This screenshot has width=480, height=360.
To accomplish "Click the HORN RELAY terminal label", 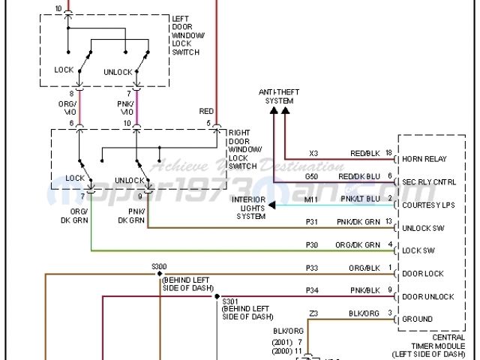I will [x=424, y=159].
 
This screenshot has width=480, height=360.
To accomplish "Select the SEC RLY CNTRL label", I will [x=429, y=182].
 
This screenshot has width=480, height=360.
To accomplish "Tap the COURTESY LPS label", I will [x=428, y=205].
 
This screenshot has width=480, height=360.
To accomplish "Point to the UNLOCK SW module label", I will [x=424, y=228].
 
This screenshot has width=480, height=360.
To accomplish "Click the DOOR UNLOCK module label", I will [x=428, y=297].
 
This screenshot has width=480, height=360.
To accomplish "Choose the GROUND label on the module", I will [x=418, y=319].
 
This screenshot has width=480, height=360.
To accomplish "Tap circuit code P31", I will [x=313, y=222].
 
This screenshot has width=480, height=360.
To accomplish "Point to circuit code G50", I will [x=312, y=176].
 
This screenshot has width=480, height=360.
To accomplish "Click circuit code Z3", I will [x=313, y=313].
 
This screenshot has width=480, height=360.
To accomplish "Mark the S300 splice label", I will [x=160, y=267].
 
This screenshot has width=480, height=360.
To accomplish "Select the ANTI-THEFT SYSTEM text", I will [x=276, y=95].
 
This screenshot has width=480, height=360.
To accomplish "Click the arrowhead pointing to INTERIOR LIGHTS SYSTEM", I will [x=272, y=205].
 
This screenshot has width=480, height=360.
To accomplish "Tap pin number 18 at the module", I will [x=388, y=153].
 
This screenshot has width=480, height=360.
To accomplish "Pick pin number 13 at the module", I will [x=388, y=222].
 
